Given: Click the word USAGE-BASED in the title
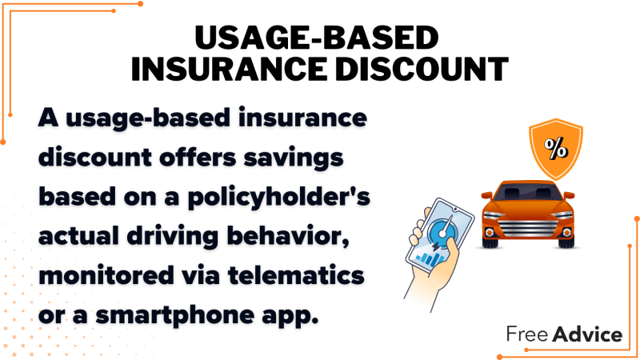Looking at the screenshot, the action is coord(316,38).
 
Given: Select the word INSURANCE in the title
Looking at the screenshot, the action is coord(229,69).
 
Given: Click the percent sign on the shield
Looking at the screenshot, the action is coord(556,148).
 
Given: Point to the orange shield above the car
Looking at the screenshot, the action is coord(556,149).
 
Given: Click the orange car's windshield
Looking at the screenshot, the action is coord(528,191).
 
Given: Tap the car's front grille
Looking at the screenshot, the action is coord(528,229).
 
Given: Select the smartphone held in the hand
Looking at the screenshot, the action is coord(440,235).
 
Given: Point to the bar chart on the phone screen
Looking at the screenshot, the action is coord(429,258).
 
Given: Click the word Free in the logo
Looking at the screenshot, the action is coord(527,334).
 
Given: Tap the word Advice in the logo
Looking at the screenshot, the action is coord(587,334).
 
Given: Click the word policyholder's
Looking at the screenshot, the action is coord(278,198).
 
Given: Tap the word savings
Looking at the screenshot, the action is coord(294,158).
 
